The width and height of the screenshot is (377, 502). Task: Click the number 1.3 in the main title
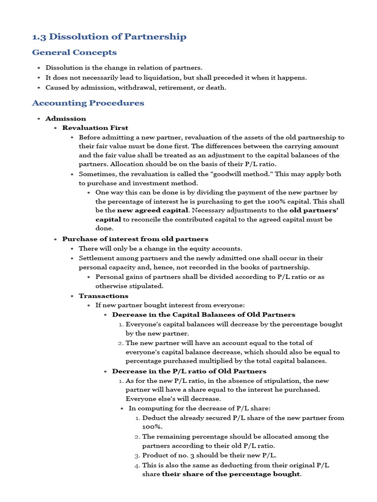[x=39, y=37]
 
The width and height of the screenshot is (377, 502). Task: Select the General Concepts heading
[x=74, y=52]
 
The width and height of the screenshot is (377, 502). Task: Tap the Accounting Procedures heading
[x=88, y=103]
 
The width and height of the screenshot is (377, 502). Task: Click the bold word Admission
[x=65, y=119]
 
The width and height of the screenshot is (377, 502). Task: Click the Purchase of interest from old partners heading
[x=135, y=239]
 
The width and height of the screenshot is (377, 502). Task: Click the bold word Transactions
[x=104, y=296]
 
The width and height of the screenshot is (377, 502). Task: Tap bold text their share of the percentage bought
[x=231, y=474]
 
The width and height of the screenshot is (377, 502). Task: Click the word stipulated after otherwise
[x=145, y=286]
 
